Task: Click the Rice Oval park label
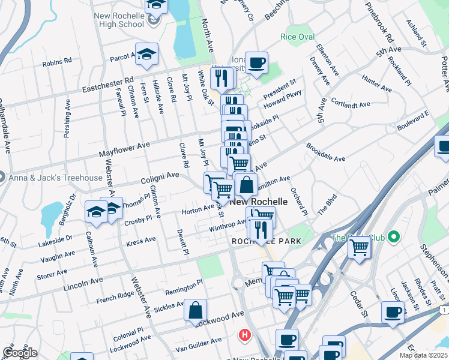pos(297,37)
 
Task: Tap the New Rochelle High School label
pos(119,19)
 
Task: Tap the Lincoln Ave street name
pos(82,281)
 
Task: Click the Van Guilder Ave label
pos(199,344)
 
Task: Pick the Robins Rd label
pos(57,62)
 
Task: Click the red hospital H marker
pos(244,334)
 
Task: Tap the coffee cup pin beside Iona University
pos(256,62)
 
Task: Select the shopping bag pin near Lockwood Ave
pos(195,310)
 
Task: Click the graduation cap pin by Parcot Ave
pos(146,55)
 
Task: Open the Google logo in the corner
pos(20,353)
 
